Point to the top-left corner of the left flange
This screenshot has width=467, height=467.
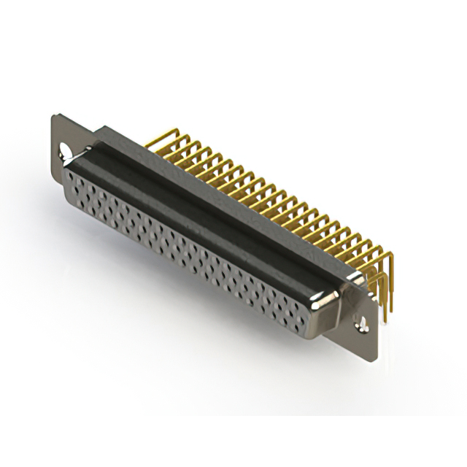point(53,115)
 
